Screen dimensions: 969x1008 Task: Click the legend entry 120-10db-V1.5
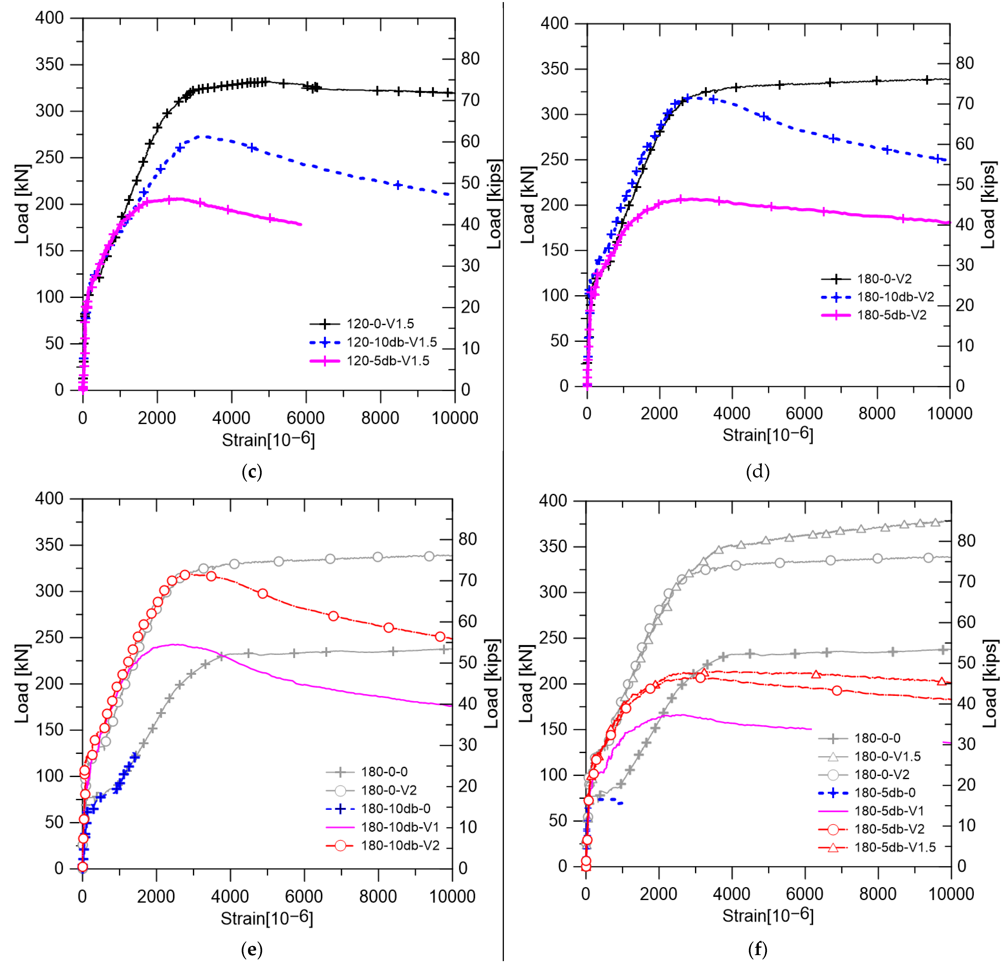point(391,342)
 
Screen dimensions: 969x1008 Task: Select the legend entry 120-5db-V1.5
point(388,361)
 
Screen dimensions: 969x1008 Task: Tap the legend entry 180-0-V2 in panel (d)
point(884,279)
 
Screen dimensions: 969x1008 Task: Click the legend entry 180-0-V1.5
point(887,756)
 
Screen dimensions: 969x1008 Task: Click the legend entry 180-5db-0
point(885,793)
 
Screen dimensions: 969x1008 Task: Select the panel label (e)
point(251,949)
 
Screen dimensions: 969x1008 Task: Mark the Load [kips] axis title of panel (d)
point(988,205)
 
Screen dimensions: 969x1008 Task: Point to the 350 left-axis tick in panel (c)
point(49,64)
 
